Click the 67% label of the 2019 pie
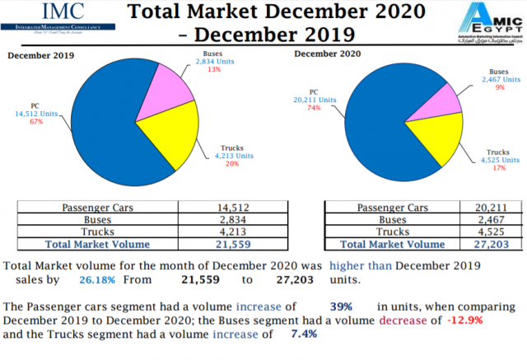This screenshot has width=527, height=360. (x=35, y=122)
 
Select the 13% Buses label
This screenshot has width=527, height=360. (x=214, y=69)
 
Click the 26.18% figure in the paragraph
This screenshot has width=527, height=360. (x=96, y=280)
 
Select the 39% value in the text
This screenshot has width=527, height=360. (x=341, y=306)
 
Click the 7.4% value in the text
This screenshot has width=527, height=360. (x=305, y=334)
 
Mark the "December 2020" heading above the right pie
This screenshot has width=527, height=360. (x=327, y=54)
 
